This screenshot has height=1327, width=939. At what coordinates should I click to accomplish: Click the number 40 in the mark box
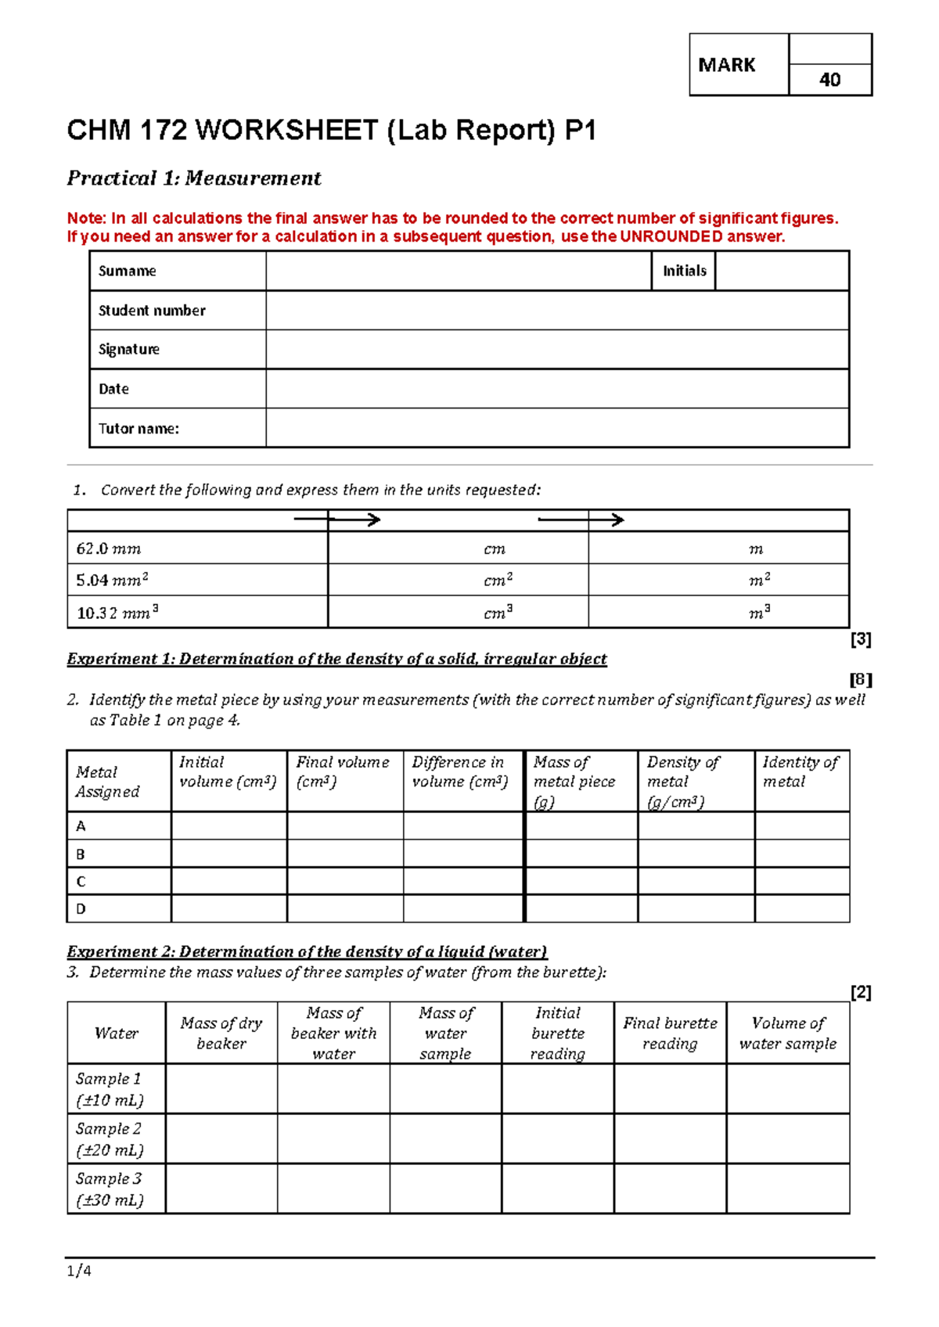click(x=829, y=80)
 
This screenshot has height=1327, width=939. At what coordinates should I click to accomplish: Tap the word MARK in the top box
click(x=726, y=65)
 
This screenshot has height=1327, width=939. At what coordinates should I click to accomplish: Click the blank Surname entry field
click(x=458, y=271)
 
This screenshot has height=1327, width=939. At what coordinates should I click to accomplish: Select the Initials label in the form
click(x=684, y=271)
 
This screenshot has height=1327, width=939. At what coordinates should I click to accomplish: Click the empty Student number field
click(x=557, y=311)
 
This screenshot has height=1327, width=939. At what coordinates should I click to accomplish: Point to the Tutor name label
click(x=139, y=429)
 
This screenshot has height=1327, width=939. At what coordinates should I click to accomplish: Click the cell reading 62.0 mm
click(x=109, y=549)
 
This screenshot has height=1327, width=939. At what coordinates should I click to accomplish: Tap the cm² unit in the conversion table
click(x=498, y=581)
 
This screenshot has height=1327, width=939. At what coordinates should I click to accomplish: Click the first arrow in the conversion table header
click(x=337, y=520)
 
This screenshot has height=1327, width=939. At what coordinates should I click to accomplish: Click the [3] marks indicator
click(x=861, y=639)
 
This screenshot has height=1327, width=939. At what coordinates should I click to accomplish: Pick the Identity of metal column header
click(x=800, y=771)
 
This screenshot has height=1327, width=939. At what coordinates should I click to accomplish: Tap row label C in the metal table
click(x=81, y=882)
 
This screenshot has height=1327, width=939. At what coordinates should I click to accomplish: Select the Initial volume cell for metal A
click(x=228, y=826)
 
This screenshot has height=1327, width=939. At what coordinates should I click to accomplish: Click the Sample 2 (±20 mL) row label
click(x=110, y=1139)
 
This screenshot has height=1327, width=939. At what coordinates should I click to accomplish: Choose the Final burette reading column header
click(x=670, y=1033)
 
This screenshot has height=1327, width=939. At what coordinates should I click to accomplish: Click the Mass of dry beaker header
click(x=221, y=1033)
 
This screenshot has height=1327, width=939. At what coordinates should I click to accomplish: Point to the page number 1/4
click(x=79, y=1271)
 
